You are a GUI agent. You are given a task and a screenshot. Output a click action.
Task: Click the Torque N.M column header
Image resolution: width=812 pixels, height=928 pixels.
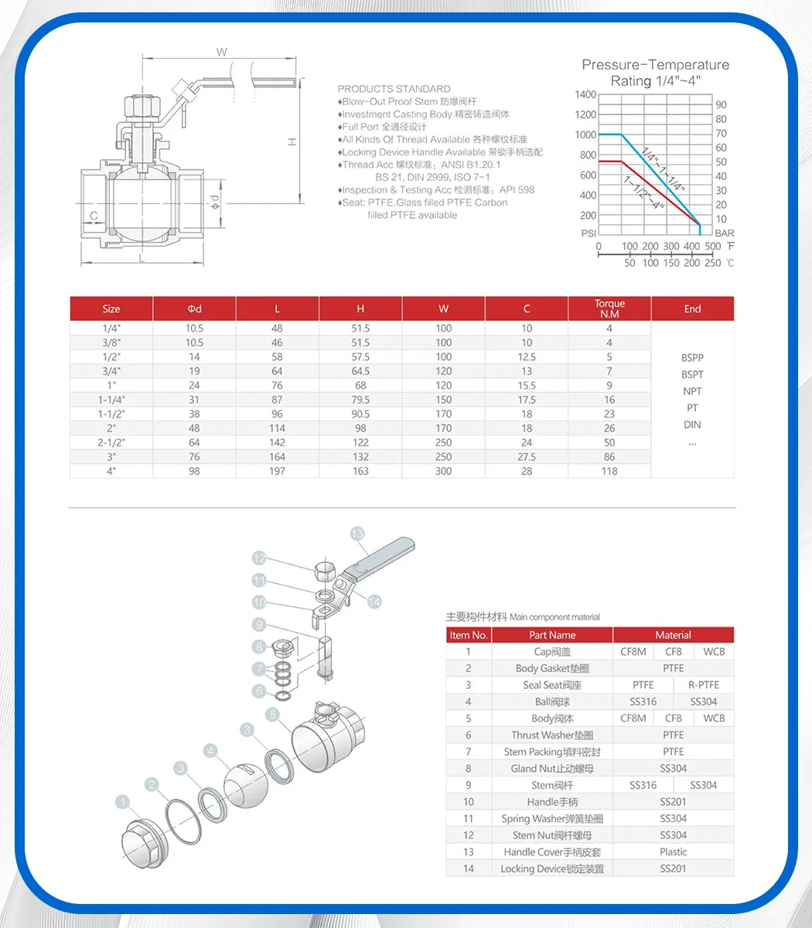pos(609,309)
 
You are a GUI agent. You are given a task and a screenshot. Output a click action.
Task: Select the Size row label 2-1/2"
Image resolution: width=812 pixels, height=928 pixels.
pos(111,442)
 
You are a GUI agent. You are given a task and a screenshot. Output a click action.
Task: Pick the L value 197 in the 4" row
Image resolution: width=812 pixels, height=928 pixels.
pos(277,471)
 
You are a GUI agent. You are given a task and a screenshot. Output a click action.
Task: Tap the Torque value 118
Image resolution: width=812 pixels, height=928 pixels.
pos(609,471)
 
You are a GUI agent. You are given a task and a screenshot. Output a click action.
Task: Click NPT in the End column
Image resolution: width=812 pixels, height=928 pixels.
pos(692,391)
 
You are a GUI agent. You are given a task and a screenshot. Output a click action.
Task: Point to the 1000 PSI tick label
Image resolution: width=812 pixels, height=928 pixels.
pos(585,135)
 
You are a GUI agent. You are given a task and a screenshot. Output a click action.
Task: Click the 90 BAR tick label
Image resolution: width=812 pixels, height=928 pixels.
pos(721,104)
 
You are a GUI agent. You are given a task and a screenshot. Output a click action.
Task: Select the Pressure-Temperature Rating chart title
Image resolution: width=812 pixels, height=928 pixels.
pos(655,73)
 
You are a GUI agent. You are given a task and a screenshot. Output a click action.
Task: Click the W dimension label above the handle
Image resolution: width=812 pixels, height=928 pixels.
pos(222,53)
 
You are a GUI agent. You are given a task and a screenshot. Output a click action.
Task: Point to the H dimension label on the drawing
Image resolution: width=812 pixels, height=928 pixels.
pos(292,142)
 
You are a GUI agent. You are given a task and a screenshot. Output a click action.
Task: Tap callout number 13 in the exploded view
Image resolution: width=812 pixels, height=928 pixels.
pos(357,534)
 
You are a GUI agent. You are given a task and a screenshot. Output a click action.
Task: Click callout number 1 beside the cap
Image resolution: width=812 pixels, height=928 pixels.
pos(123,802)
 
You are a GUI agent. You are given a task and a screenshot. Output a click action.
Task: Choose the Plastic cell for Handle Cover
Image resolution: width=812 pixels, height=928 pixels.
pos(673,852)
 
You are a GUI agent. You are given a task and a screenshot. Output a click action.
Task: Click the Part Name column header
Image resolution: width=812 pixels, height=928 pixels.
pos(552,635)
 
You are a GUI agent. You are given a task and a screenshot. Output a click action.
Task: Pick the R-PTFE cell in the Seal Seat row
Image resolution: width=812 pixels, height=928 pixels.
pos(703,685)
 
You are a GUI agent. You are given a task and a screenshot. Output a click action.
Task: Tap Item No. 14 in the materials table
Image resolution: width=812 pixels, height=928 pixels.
pos(468,869)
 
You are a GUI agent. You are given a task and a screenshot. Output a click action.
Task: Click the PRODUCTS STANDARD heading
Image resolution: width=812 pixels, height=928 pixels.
pos(394,89)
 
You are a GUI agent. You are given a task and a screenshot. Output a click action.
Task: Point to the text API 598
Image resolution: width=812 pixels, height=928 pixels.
pos(517,190)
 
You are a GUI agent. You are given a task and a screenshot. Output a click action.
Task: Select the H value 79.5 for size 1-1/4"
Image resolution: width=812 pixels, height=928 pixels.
pos(360,400)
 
